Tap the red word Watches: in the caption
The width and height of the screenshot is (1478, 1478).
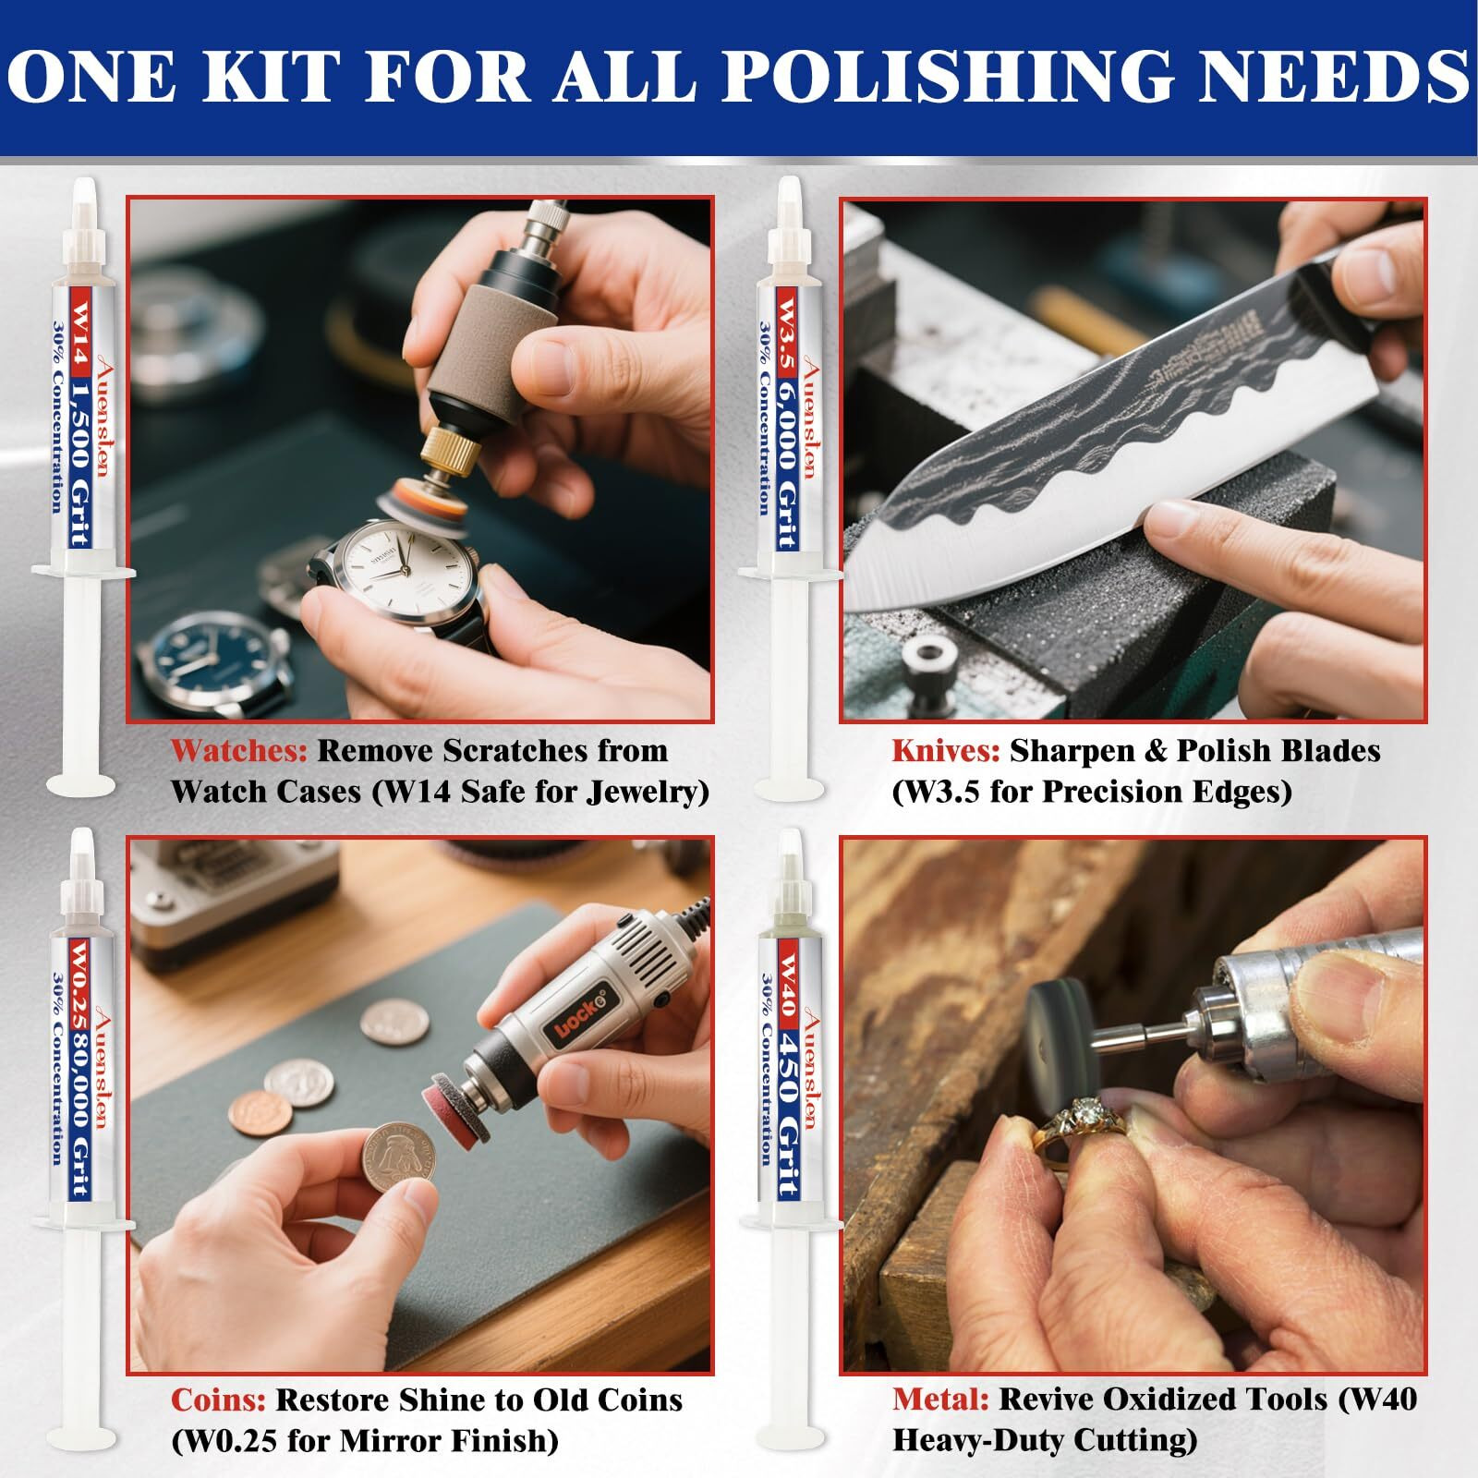[238, 751]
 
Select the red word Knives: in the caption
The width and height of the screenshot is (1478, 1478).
[945, 751]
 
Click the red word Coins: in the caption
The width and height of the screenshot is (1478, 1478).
[218, 1400]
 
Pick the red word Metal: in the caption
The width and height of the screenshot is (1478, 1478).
[940, 1399]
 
